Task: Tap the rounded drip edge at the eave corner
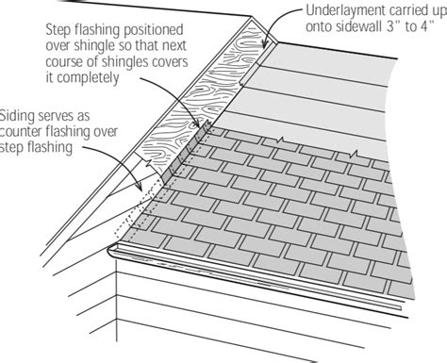coord(117,250)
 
